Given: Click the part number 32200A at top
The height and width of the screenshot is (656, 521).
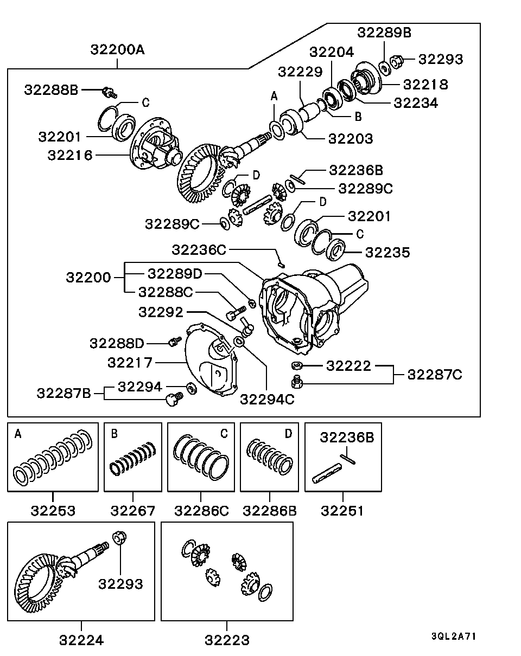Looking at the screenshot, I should point(118,50).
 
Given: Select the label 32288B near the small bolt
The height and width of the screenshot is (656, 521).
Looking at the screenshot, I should point(52,90).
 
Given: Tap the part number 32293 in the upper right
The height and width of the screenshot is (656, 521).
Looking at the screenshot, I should point(441,59).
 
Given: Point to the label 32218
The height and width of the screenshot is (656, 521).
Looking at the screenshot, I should point(425,84).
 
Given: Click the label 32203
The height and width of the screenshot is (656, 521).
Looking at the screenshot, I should point(351,138).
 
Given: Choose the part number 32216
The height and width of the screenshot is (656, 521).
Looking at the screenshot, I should point(69,155).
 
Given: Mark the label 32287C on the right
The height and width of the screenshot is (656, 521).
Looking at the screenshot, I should point(435,374).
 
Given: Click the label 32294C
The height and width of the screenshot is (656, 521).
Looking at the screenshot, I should point(267,399).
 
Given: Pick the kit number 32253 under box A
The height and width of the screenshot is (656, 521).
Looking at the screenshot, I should point(53,511).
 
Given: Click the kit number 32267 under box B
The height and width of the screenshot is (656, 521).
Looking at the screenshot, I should point(133,511).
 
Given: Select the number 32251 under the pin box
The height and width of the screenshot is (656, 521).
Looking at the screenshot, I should point(342,511).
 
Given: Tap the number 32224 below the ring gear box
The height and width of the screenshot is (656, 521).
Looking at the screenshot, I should point(81,640).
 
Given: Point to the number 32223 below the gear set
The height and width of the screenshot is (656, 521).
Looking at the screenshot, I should point(227,640).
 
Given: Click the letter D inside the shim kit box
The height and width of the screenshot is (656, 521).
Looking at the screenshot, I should point(288,433).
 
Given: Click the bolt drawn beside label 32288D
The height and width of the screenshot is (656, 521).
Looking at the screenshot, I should point(174,342).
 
